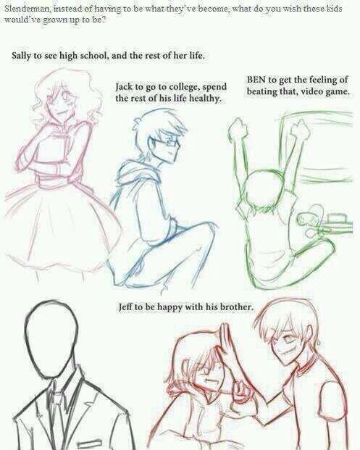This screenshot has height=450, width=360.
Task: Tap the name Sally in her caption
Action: pos(21,55)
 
